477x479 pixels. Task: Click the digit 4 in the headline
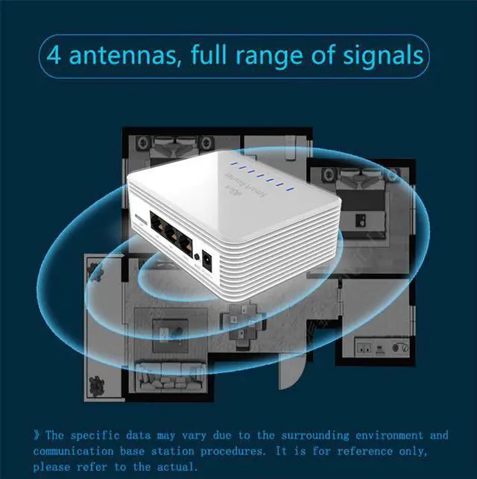(54, 56)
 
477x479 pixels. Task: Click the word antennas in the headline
(119, 56)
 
